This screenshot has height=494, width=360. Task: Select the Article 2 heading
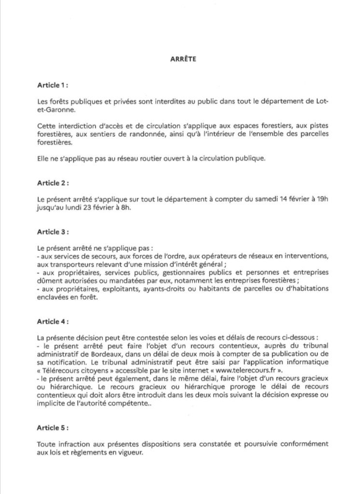point(53,183)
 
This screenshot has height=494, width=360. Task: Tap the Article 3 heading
point(53,232)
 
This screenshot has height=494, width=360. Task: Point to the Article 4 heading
point(53,320)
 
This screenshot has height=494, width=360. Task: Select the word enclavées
point(54,298)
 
